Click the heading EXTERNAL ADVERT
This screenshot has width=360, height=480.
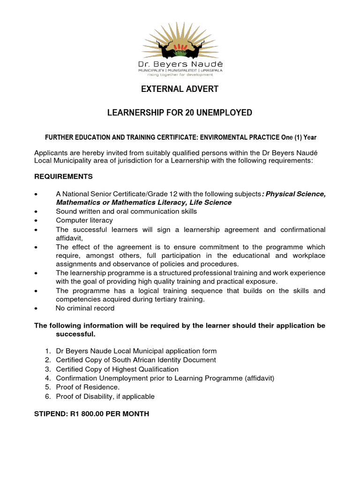click(180, 89)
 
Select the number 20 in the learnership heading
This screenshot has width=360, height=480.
click(195, 113)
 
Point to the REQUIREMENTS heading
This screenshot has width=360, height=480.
click(63, 177)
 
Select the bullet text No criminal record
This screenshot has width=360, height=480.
click(85, 308)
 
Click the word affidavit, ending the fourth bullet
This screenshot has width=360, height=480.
click(69, 238)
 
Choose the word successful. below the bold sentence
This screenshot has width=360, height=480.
click(75, 334)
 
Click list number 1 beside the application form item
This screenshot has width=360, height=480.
click(48, 351)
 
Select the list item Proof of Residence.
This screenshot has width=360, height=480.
click(88, 387)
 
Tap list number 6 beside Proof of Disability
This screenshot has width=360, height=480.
click(48, 397)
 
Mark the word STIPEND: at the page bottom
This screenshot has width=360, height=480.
click(52, 414)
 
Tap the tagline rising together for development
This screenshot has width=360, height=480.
click(180, 74)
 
